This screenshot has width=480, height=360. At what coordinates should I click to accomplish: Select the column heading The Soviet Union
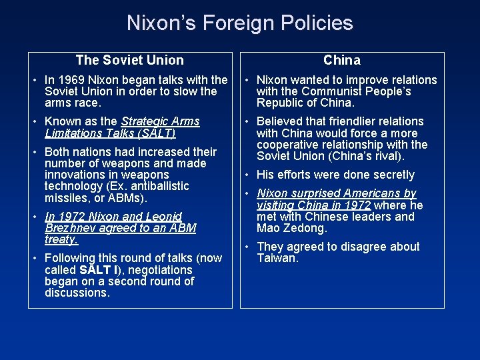click(129, 60)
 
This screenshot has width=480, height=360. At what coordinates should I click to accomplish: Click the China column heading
click(342, 60)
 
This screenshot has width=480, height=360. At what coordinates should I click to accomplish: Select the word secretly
click(391, 175)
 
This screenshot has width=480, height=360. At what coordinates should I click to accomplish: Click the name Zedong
click(305, 228)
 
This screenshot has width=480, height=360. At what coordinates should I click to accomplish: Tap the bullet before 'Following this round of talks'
click(37, 258)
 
